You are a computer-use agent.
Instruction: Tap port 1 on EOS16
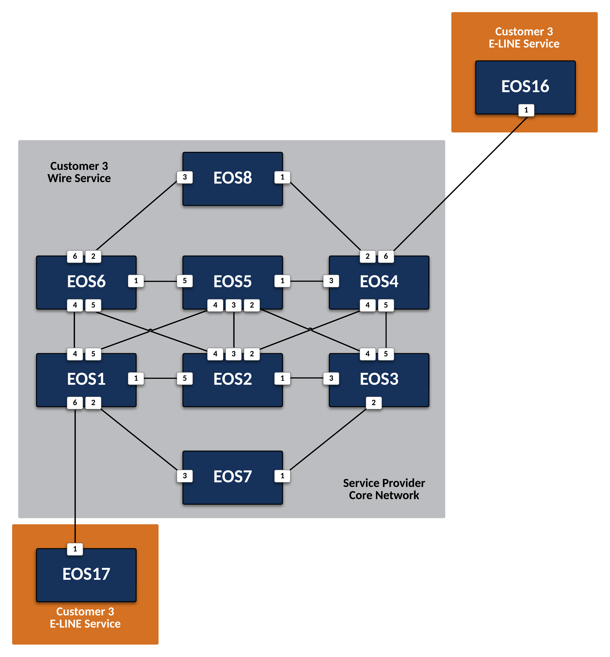click(526, 110)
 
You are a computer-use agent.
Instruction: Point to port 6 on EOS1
click(75, 403)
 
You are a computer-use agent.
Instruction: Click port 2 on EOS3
click(374, 403)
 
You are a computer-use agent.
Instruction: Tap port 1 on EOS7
click(282, 476)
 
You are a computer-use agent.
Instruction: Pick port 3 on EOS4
click(331, 281)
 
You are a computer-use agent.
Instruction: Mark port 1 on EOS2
click(282, 378)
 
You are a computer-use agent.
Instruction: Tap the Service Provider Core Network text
click(384, 489)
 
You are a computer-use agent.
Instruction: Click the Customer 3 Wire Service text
click(79, 172)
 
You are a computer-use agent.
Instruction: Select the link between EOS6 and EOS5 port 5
click(160, 281)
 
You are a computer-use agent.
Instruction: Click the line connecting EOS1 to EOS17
click(75, 475)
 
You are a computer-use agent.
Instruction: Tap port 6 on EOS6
click(75, 256)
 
